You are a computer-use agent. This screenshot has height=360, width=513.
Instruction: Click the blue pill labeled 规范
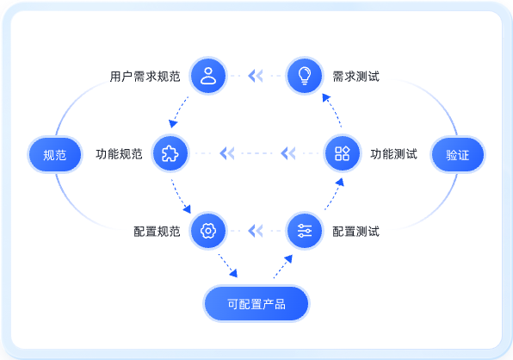tap(55, 154)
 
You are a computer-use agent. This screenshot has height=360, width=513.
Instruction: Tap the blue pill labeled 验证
tap(458, 154)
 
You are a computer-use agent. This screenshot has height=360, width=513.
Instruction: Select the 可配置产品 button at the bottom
tap(256, 304)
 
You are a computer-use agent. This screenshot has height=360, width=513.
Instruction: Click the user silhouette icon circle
tap(208, 76)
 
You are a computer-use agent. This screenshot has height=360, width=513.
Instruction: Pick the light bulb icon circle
tap(304, 76)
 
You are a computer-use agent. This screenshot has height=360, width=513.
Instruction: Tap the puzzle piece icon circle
tap(170, 153)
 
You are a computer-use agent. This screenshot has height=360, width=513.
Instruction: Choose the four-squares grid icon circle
tap(343, 153)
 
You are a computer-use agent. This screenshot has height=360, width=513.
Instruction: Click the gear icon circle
tap(208, 231)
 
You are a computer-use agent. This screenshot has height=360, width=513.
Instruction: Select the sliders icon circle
tap(304, 231)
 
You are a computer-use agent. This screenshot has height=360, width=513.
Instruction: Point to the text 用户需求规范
tap(145, 77)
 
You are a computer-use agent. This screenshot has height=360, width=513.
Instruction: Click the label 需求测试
tap(356, 77)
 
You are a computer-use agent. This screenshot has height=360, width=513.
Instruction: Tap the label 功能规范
tap(119, 154)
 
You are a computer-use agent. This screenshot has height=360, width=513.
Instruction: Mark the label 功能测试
tap(394, 154)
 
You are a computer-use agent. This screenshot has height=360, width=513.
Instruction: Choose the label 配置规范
tap(157, 232)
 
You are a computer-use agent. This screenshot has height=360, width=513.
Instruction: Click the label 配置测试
tap(356, 232)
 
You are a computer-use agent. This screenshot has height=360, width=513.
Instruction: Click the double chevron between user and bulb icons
tap(256, 76)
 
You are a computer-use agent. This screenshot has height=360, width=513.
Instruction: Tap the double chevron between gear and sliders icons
tap(256, 231)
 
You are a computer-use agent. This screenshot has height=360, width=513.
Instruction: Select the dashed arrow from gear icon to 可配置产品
tap(228, 265)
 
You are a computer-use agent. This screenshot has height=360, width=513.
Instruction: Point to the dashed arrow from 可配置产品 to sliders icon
tap(283, 267)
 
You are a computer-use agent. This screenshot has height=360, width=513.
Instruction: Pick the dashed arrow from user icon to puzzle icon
tap(179, 112)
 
